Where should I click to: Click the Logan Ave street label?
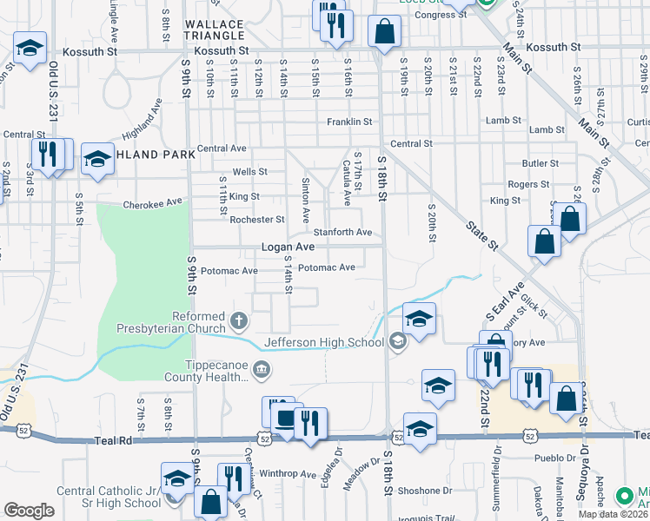click(x=288, y=247)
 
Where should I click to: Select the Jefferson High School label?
click(x=323, y=342)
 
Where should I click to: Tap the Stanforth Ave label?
click(x=342, y=233)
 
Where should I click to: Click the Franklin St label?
click(x=349, y=122)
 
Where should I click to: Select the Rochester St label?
click(x=257, y=220)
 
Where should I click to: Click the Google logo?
click(x=29, y=511)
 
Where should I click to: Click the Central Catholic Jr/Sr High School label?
click(x=109, y=497)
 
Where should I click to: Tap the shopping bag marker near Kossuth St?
click(x=383, y=32)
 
